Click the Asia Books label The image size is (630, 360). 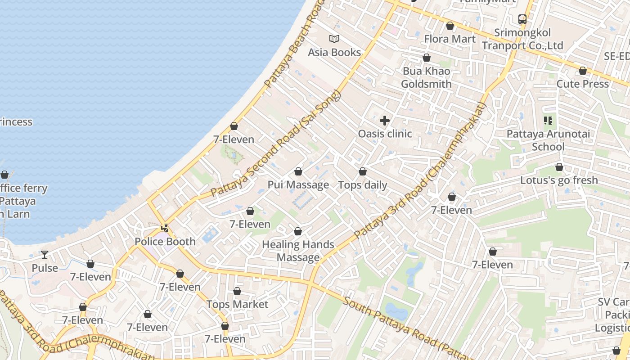(334, 52)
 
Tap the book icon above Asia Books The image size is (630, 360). (334, 39)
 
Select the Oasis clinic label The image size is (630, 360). (385, 134)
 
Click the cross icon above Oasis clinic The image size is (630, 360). (385, 120)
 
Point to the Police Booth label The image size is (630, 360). (165, 242)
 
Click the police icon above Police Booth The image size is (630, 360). (165, 228)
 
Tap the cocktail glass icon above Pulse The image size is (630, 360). (45, 255)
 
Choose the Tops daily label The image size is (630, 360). (363, 185)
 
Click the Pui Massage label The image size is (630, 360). (298, 185)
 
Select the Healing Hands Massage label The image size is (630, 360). (298, 251)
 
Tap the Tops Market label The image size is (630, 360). (237, 305)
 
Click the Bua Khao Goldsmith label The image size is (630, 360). (426, 77)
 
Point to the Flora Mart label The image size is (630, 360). (450, 39)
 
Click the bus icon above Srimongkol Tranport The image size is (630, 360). (522, 19)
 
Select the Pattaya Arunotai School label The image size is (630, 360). (548, 140)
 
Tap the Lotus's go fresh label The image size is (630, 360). (559, 180)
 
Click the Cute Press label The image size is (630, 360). (582, 84)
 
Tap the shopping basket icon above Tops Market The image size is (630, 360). (237, 291)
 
